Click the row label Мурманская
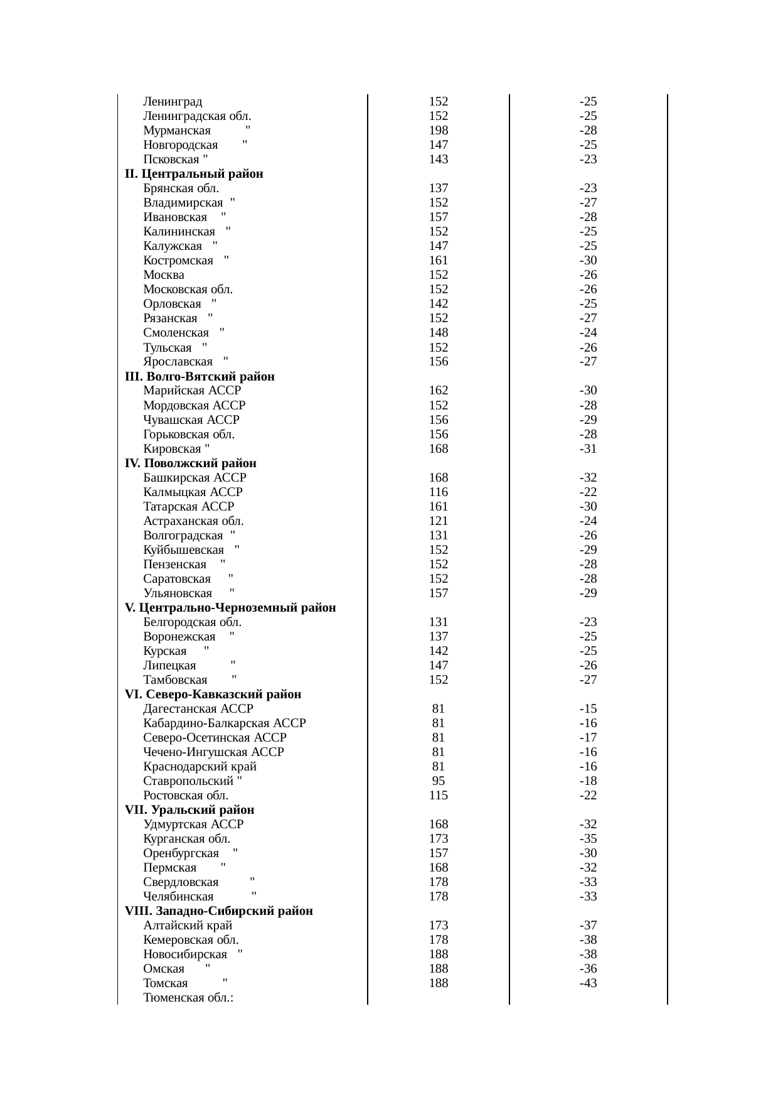tap(177, 131)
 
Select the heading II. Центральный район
tap(194, 174)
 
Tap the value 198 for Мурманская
tap(438, 131)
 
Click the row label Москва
tap(164, 275)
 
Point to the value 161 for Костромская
tap(438, 261)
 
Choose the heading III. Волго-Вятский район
tap(200, 377)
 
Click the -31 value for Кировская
tap(588, 449)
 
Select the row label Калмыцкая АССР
tap(193, 492)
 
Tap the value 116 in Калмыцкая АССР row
tap(438, 492)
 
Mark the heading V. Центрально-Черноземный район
tap(230, 608)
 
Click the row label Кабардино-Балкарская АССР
tap(224, 723)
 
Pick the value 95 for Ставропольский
tap(438, 781)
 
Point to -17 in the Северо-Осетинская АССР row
tap(588, 738)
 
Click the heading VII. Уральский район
tap(189, 810)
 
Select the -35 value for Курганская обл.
tap(588, 839)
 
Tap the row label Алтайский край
tap(188, 926)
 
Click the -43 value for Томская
tap(588, 983)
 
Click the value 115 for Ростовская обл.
tap(438, 796)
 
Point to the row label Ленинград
tap(173, 102)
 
